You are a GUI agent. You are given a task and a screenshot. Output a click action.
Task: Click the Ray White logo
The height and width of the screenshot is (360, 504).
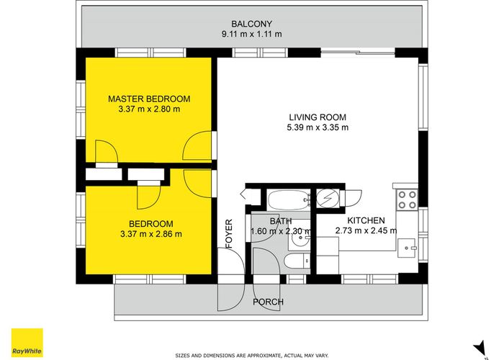(27, 343)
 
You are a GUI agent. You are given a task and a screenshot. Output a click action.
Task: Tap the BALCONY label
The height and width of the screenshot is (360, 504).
(252, 24)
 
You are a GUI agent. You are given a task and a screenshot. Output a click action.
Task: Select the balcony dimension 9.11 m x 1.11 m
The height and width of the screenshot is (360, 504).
(252, 34)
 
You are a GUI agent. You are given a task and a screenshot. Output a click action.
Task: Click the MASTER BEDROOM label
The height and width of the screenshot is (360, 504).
(149, 99)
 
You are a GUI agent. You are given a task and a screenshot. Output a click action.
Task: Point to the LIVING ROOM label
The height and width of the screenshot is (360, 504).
(318, 117)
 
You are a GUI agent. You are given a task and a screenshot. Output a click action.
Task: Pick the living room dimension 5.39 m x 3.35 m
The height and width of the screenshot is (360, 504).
(318, 127)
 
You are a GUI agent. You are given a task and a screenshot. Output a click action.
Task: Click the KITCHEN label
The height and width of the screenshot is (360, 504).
(366, 220)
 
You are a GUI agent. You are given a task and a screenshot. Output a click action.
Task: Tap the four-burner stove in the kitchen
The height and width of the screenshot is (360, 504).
(408, 199)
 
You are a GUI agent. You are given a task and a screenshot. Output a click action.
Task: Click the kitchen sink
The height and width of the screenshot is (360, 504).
(407, 248)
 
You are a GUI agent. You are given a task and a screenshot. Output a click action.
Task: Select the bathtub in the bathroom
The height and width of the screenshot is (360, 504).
(288, 200)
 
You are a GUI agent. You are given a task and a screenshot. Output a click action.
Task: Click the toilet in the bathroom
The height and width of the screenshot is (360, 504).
(297, 261)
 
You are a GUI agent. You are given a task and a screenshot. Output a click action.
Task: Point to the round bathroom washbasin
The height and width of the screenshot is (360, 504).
(299, 238)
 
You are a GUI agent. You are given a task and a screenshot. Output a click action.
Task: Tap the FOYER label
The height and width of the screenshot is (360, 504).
(229, 234)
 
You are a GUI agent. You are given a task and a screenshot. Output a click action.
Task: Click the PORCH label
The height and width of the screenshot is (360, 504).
(268, 302)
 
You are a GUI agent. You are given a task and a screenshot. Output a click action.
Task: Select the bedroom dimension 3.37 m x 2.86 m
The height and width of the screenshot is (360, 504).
(151, 234)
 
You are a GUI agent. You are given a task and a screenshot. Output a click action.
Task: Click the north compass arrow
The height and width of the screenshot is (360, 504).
(480, 348)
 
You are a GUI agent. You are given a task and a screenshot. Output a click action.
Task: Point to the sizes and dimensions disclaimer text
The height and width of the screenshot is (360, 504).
(252, 356)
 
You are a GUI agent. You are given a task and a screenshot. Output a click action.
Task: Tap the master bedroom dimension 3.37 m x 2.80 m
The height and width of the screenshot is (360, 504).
(149, 109)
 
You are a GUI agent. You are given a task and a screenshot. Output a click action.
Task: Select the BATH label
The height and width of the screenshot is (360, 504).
(281, 221)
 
